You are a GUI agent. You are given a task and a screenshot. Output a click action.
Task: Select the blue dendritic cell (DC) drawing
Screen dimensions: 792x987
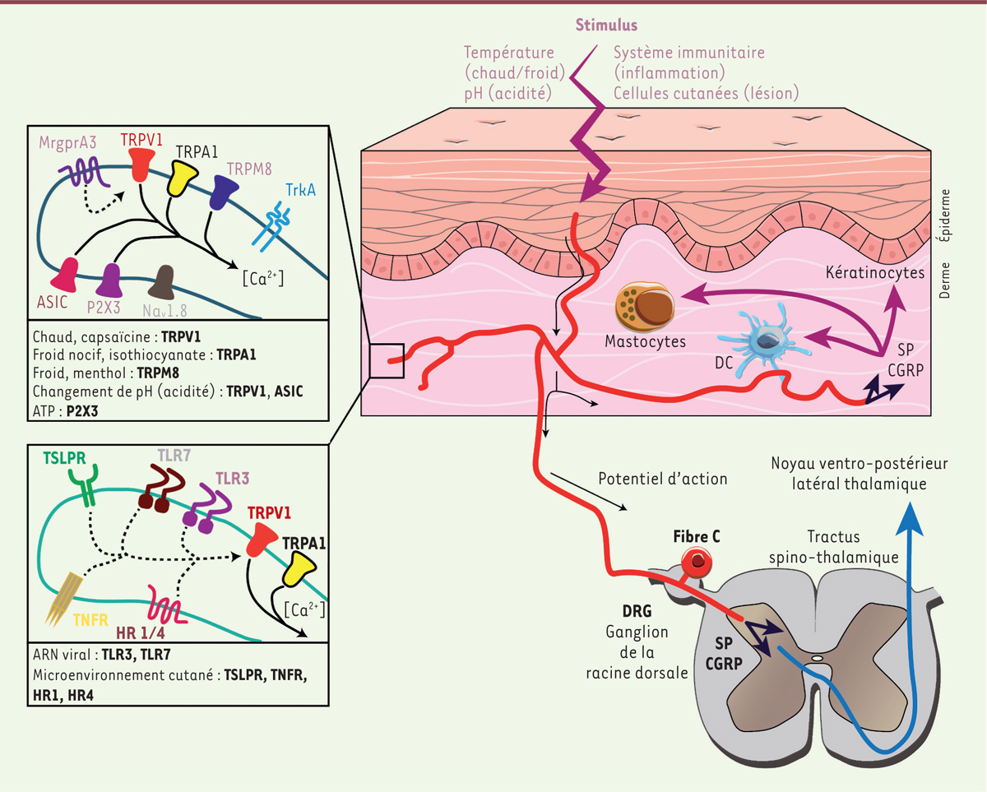tap(756, 340)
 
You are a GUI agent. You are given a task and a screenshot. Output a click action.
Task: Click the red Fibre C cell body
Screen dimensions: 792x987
tap(698, 562)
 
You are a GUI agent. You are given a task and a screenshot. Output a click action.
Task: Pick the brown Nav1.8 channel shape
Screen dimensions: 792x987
tap(164, 280)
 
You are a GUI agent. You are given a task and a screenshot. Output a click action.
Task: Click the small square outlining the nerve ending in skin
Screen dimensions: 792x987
tap(386, 360)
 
